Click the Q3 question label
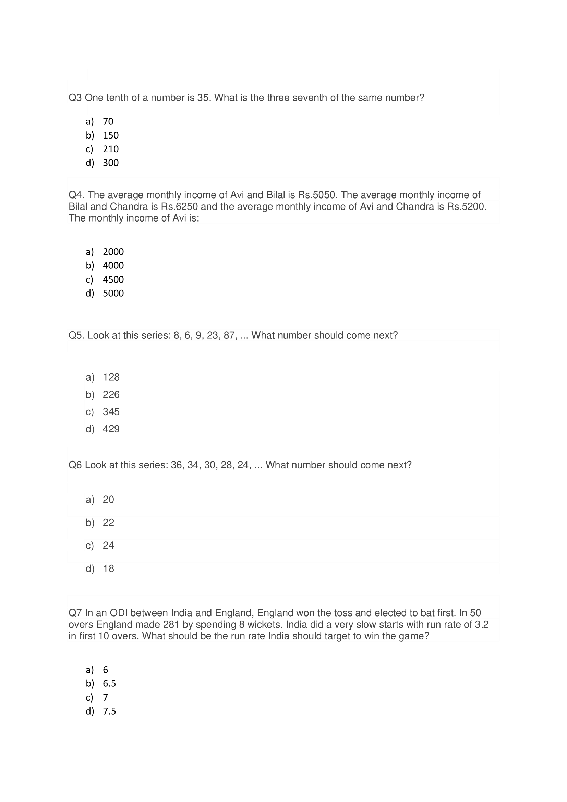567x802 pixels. pyautogui.click(x=75, y=98)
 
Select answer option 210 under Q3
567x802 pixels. pyautogui.click(x=111, y=149)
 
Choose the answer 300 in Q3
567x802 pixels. pyautogui.click(x=111, y=163)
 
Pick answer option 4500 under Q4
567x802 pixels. pyautogui.click(x=113, y=279)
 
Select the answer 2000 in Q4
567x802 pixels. pyautogui.click(x=113, y=252)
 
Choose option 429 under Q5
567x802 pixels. pyautogui.click(x=111, y=429)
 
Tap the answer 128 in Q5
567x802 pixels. pyautogui.click(x=111, y=377)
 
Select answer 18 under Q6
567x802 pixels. pyautogui.click(x=108, y=568)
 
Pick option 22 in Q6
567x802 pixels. pyautogui.click(x=108, y=523)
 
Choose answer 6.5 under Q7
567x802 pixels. pyautogui.click(x=109, y=684)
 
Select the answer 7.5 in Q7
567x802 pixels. pyautogui.click(x=109, y=711)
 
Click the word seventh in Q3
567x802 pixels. pyautogui.click(x=309, y=98)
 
